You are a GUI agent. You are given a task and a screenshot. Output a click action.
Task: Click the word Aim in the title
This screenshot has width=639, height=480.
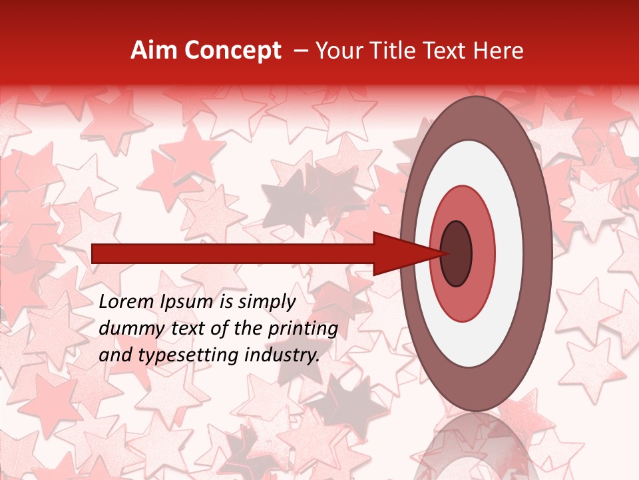154,51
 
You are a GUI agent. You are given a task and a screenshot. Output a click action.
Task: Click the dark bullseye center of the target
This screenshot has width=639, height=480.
457,254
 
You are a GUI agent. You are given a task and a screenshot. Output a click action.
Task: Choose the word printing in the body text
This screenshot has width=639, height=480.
306,329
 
